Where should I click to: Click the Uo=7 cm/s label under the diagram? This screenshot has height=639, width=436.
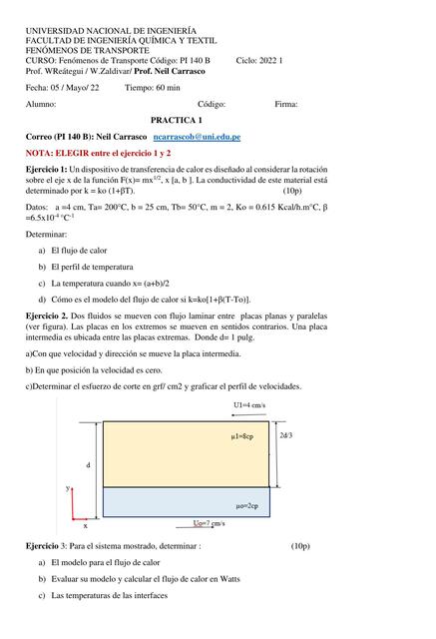tap(208, 523)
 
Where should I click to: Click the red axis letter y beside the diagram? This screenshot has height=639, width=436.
tap(68, 488)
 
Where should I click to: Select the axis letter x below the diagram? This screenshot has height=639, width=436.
tap(85, 524)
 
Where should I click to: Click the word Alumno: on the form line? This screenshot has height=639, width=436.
tap(41, 103)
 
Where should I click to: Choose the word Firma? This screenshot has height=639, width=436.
tap(286, 103)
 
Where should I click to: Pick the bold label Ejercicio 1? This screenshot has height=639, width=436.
tap(46, 172)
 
